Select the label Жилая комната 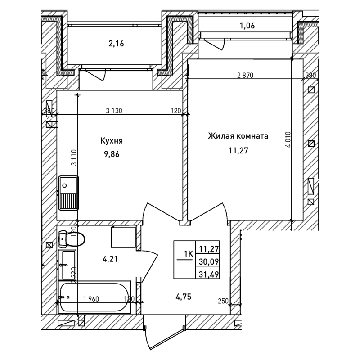(238, 135)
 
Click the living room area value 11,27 (238, 151)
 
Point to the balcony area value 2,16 (116, 44)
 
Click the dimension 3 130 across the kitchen (114, 111)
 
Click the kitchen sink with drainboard (68, 193)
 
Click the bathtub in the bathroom (94, 298)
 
